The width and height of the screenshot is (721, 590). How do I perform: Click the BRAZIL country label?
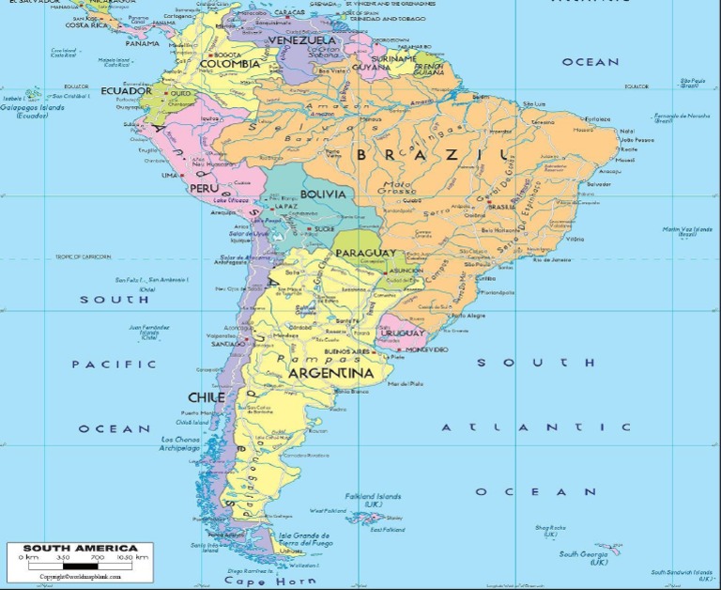436,154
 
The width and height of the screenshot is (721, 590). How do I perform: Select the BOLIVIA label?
323,194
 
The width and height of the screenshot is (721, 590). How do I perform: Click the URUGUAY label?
404,333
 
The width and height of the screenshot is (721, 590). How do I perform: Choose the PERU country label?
204,188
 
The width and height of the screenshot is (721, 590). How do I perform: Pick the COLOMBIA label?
230,64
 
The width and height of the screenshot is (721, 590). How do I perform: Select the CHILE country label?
206,397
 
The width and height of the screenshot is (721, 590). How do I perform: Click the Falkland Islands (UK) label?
374,500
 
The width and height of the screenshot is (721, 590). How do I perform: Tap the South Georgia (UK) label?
584,557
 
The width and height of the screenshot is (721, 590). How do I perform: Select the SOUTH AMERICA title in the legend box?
80,548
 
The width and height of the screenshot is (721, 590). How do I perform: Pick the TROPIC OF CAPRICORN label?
83,256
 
